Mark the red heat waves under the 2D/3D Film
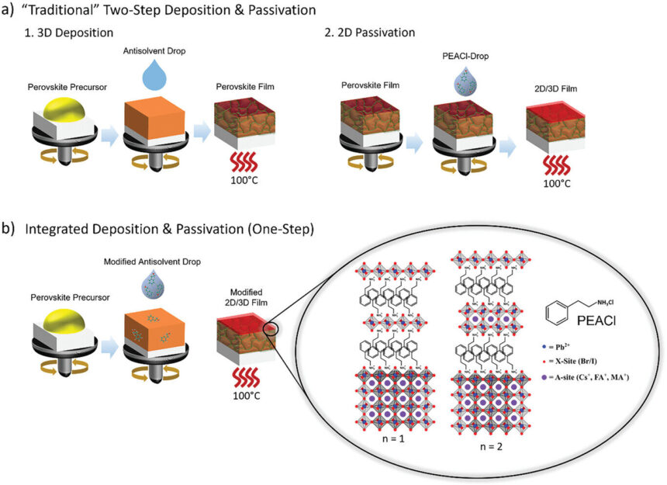pos(551,162)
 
